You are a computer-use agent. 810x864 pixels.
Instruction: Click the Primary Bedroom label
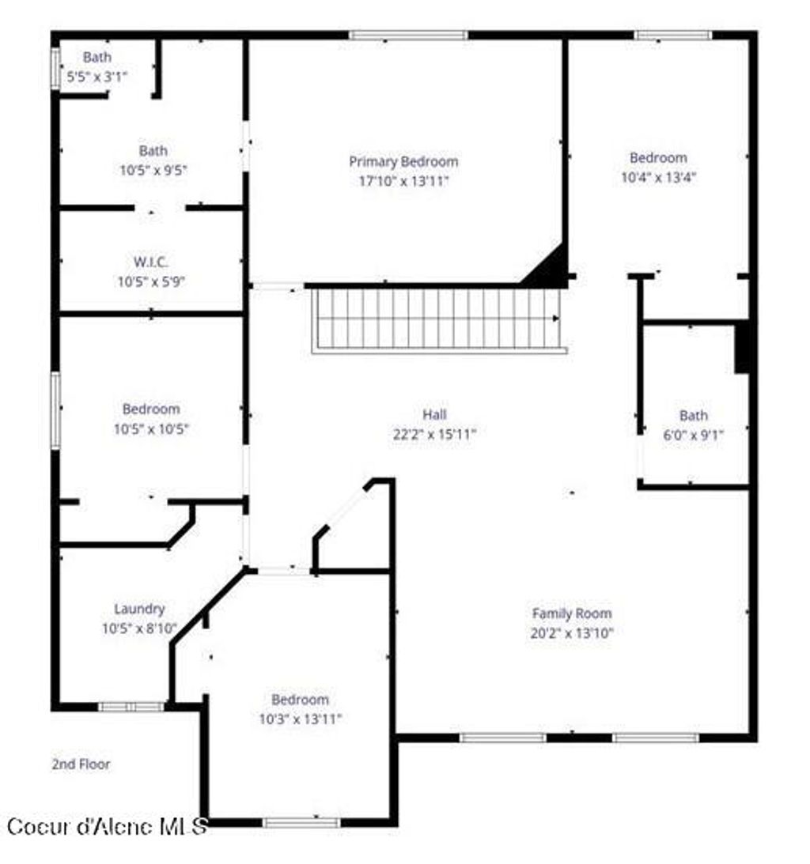pyautogui.click(x=403, y=161)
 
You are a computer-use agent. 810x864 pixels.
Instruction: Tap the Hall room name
pyautogui.click(x=434, y=414)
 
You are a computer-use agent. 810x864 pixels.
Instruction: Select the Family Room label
pyautogui.click(x=571, y=613)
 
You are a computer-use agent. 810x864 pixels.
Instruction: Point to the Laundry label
pyautogui.click(x=139, y=609)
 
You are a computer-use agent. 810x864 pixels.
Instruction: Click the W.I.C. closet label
pyautogui.click(x=150, y=262)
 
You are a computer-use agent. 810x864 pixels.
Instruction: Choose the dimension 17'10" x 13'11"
pyautogui.click(x=403, y=181)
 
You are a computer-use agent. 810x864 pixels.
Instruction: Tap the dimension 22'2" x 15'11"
pyautogui.click(x=434, y=434)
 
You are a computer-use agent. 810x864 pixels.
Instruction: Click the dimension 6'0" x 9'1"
pyautogui.click(x=693, y=434)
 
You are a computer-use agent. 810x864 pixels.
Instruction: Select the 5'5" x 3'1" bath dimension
pyautogui.click(x=97, y=77)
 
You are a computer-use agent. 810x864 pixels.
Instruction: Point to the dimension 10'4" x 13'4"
pyautogui.click(x=658, y=177)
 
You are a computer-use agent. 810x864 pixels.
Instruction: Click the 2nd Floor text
pyautogui.click(x=81, y=764)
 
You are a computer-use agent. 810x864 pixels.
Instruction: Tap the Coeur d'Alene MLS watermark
pyautogui.click(x=107, y=827)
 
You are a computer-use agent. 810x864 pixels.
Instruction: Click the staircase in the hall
pyautogui.click(x=437, y=319)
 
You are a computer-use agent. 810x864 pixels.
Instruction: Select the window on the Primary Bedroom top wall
pyautogui.click(x=408, y=35)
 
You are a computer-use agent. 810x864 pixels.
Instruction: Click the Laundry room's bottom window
pyautogui.click(x=131, y=707)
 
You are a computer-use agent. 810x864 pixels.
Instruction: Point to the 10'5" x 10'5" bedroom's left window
pyautogui.click(x=55, y=411)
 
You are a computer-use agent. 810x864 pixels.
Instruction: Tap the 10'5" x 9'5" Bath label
pyautogui.click(x=153, y=150)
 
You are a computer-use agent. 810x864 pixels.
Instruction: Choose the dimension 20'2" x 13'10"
pyautogui.click(x=571, y=633)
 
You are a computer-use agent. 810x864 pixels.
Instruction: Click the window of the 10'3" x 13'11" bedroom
pyautogui.click(x=301, y=823)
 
